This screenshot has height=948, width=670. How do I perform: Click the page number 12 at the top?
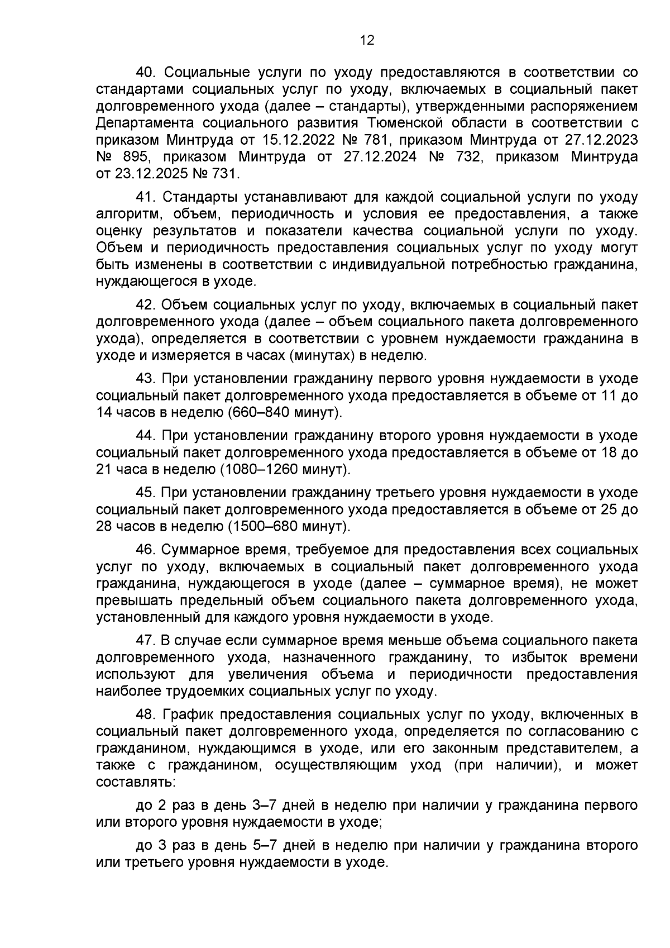coord(367,40)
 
